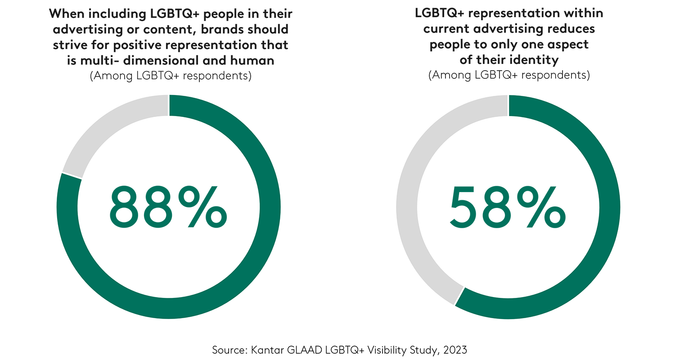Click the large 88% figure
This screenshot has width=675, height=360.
coord(168,207)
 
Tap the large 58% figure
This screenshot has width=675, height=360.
coord(508,207)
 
